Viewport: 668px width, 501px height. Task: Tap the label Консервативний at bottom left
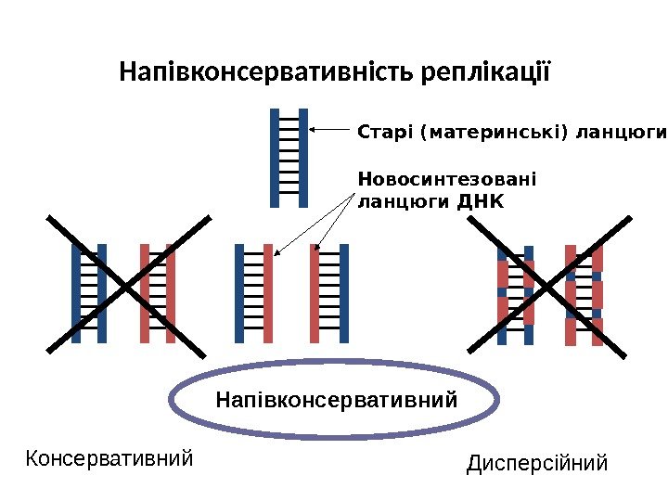click(109, 458)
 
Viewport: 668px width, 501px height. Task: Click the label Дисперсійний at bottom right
click(537, 462)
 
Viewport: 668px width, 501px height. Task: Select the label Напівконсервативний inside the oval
click(337, 401)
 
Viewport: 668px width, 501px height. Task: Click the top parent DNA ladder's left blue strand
click(276, 158)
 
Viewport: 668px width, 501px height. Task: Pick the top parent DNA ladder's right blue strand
click(302, 158)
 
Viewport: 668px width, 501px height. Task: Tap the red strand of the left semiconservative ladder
click(267, 293)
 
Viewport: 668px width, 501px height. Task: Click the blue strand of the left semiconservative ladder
click(239, 293)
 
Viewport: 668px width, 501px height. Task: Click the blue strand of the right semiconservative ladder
click(343, 293)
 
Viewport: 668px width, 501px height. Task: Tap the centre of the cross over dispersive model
click(551, 284)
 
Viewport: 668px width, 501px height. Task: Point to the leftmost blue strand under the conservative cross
click(76, 293)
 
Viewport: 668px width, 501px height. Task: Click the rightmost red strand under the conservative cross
click(171, 293)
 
